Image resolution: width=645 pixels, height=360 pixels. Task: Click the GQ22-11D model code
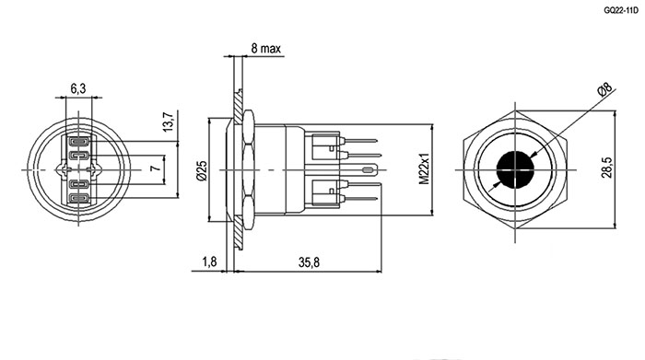621,11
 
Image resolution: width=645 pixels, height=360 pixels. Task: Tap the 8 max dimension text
265,49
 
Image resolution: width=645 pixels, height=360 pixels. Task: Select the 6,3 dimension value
78,88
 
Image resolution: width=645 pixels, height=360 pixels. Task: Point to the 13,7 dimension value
169,122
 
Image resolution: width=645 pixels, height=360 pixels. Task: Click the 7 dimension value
154,168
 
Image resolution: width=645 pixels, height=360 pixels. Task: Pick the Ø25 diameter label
201,170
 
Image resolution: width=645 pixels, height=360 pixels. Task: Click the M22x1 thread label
424,169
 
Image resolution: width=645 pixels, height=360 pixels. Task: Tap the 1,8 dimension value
209,261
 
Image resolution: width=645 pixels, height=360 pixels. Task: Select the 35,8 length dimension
309,261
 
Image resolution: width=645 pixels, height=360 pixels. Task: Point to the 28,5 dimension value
606,168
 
